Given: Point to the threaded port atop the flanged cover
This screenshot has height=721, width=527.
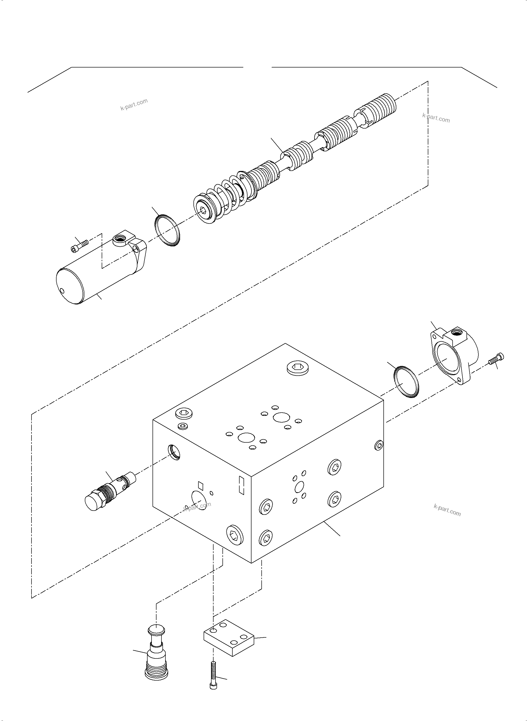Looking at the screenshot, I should pyautogui.click(x=460, y=333).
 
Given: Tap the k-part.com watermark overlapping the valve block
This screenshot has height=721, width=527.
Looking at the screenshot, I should pyautogui.click(x=197, y=507).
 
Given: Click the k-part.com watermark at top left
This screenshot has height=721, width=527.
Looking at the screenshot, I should pyautogui.click(x=134, y=104).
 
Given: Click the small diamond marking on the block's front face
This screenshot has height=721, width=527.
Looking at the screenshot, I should pyautogui.click(x=201, y=485).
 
